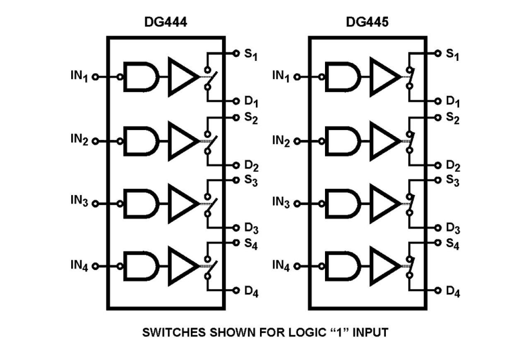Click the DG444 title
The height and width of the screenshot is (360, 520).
(x=165, y=22)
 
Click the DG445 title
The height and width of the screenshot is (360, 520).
(x=367, y=22)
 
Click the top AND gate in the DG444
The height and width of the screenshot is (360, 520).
(x=141, y=77)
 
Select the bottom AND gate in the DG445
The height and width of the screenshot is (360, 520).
(x=343, y=266)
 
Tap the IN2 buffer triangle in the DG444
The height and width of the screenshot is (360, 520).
(x=182, y=141)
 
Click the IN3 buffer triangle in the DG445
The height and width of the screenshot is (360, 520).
(x=384, y=203)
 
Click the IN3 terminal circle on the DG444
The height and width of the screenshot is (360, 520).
(x=95, y=203)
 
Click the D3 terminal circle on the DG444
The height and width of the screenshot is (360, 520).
(x=236, y=227)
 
